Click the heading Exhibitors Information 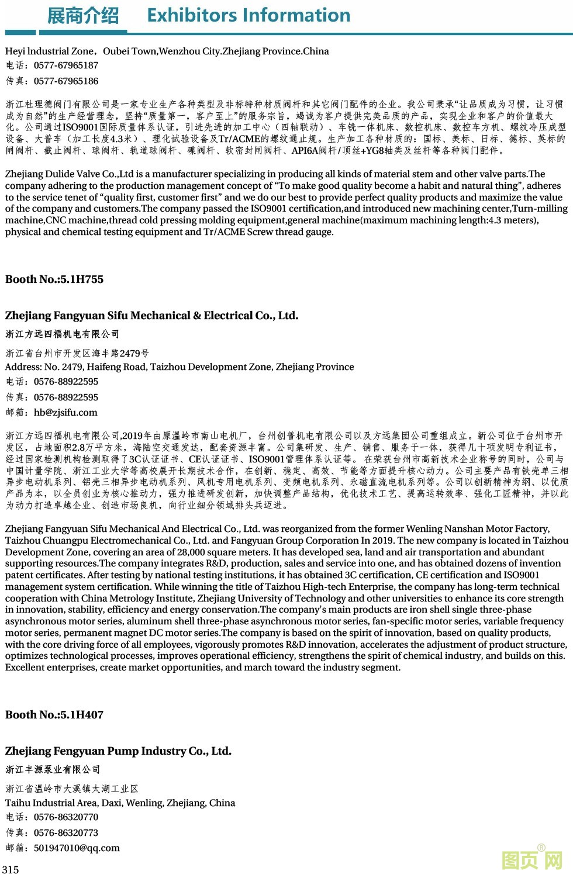click(x=248, y=15)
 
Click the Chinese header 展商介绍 click(x=83, y=16)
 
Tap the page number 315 click(x=11, y=869)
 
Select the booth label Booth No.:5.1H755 click(x=54, y=279)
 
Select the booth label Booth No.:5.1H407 click(x=54, y=715)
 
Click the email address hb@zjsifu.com click(x=65, y=413)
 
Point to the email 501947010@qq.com click(x=77, y=848)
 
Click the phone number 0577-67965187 click(x=66, y=65)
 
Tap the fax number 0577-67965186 click(x=66, y=81)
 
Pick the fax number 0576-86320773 click(x=66, y=833)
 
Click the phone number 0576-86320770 click(x=66, y=817)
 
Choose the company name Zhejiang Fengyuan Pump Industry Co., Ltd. click(x=118, y=751)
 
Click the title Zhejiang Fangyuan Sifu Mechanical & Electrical click(x=151, y=316)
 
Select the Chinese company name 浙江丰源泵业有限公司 click(x=53, y=770)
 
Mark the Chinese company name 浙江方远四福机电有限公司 click(x=63, y=334)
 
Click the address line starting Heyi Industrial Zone click(x=167, y=51)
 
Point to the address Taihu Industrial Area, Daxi click(x=120, y=803)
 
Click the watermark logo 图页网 click(x=532, y=860)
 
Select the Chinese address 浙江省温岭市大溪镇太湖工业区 click(x=72, y=789)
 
